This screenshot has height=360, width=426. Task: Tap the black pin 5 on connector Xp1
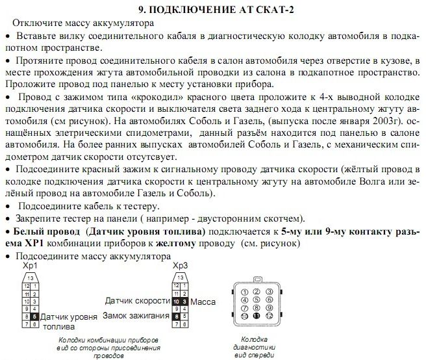[34, 316]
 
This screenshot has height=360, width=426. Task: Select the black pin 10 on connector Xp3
[176, 302]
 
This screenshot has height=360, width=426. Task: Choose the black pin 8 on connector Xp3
[176, 316]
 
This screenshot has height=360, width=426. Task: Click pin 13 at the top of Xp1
[31, 277]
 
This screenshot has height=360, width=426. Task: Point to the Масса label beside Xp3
[205, 302]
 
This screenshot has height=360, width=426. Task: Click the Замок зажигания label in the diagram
[136, 315]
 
